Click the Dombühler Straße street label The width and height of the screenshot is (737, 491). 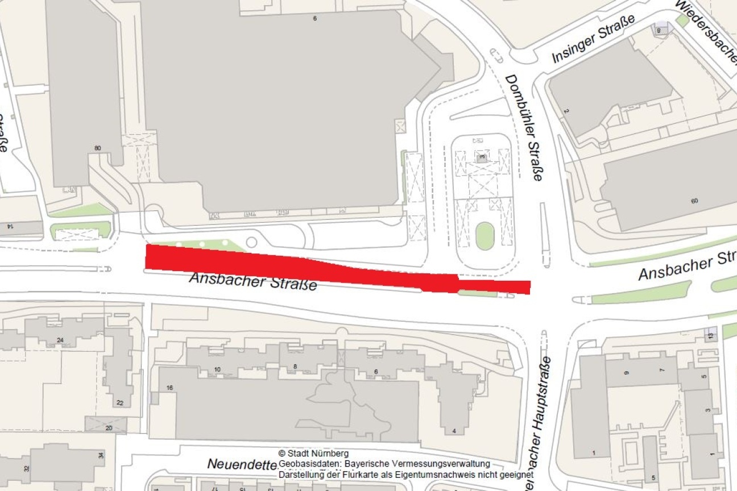[x=524, y=128]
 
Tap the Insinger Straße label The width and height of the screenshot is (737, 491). [x=593, y=39]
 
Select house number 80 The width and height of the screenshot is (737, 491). [x=98, y=148]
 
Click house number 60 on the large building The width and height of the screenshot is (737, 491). [x=694, y=201]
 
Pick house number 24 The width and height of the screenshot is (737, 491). [x=60, y=340]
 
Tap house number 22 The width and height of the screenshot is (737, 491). [x=120, y=403]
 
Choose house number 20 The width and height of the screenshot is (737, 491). [x=108, y=428]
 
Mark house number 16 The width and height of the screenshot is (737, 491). [x=169, y=388]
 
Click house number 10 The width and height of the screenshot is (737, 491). [x=217, y=369]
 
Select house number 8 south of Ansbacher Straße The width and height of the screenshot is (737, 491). [x=295, y=367]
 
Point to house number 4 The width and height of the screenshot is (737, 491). [x=454, y=431]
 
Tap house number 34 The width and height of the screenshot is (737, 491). [x=101, y=455]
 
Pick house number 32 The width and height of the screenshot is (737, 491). [x=26, y=469]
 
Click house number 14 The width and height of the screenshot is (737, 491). [x=10, y=226]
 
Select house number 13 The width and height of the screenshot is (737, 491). [x=710, y=336]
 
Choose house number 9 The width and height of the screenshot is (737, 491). [x=626, y=373]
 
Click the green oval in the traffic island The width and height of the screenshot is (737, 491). [x=485, y=235]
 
